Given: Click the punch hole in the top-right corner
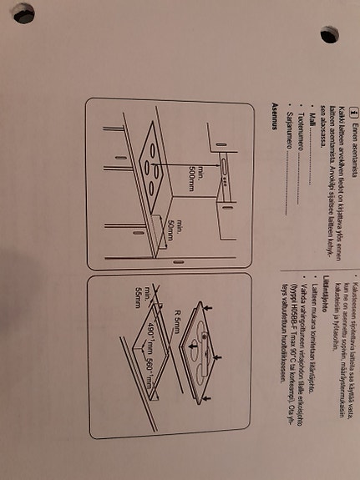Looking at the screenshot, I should pos(329,34).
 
